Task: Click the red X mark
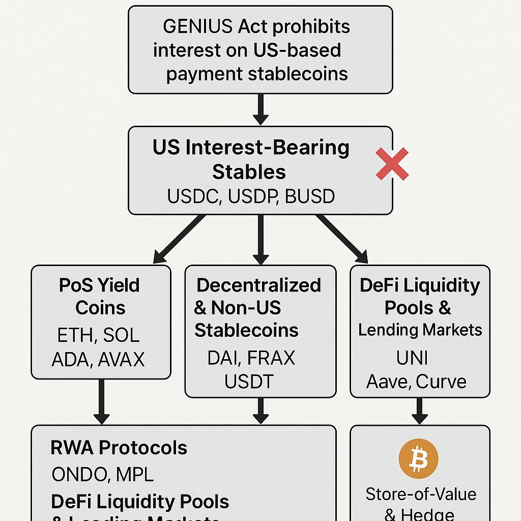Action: pyautogui.click(x=392, y=164)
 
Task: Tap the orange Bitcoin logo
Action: pyautogui.click(x=419, y=459)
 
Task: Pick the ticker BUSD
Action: pyautogui.click(x=310, y=196)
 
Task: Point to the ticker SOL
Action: pyautogui.click(x=121, y=335)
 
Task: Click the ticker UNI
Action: pyautogui.click(x=412, y=358)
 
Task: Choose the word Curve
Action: pyautogui.click(x=441, y=381)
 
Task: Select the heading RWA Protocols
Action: pyautogui.click(x=119, y=448)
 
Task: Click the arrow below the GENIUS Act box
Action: pyautogui.click(x=260, y=109)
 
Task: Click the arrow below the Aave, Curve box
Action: pyautogui.click(x=420, y=411)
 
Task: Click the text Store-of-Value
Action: pyautogui.click(x=421, y=494)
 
